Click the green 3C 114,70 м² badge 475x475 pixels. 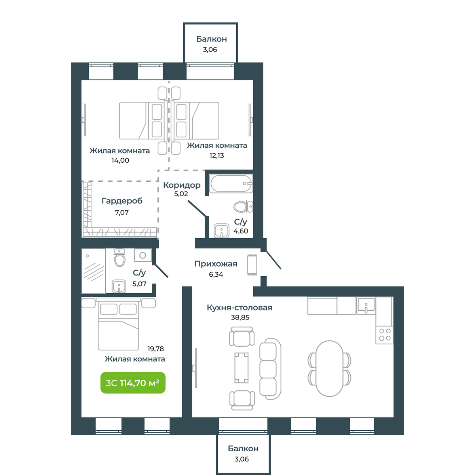pos(133,382)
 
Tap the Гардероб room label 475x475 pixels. pos(122,201)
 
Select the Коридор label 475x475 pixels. pos(182,185)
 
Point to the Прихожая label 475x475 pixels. pos(216,264)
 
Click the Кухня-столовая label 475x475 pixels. pos(239,308)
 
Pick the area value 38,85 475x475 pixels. pos(240,317)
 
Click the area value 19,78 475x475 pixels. pos(156,349)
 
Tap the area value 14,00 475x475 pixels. pos(120,160)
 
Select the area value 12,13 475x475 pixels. pos(217,156)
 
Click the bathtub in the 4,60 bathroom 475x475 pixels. pos(231,184)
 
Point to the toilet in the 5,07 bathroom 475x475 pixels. pos(120,258)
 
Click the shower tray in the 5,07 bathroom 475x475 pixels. pos(94,271)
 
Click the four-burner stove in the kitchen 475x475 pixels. pos(384,334)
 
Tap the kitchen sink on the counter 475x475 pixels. pos(366,306)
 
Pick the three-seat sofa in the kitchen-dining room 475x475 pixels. pos(270,369)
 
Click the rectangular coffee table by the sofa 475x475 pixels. pos(241,367)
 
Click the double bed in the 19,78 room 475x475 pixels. pos(118,324)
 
